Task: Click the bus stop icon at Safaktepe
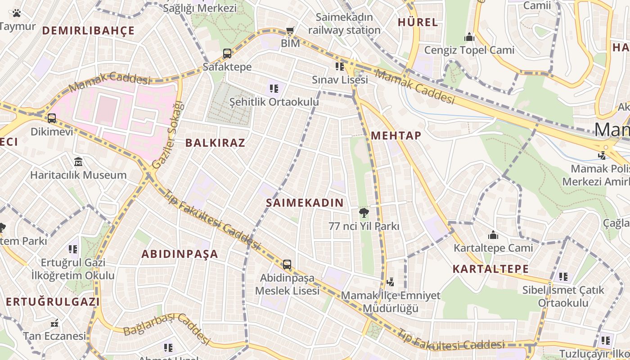pyautogui.click(x=227, y=54)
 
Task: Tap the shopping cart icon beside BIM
pyautogui.click(x=290, y=31)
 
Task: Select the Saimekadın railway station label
pyautogui.click(x=344, y=24)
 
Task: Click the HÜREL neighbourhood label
pyautogui.click(x=418, y=22)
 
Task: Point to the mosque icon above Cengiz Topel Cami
pyautogui.click(x=469, y=37)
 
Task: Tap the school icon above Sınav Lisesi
pyautogui.click(x=340, y=67)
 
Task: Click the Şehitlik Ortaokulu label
pyautogui.click(x=274, y=102)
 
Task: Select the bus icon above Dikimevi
pyautogui.click(x=52, y=118)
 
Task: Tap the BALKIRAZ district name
pyautogui.click(x=215, y=143)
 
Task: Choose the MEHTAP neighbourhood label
pyautogui.click(x=396, y=135)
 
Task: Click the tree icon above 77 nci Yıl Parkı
pyautogui.click(x=364, y=213)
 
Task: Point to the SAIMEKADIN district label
pyautogui.click(x=305, y=203)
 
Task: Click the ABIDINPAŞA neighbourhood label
pyautogui.click(x=180, y=254)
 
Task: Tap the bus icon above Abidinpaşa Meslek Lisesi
pyautogui.click(x=287, y=265)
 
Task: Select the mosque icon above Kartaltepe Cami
pyautogui.click(x=493, y=235)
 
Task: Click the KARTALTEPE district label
pyautogui.click(x=490, y=269)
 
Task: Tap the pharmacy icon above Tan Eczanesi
pyautogui.click(x=54, y=323)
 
